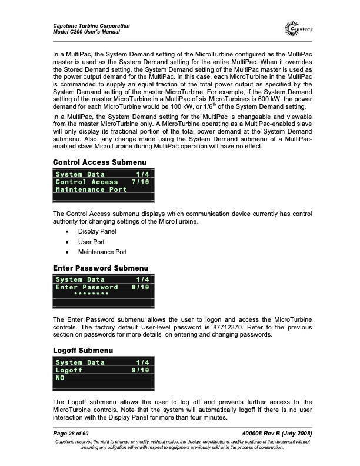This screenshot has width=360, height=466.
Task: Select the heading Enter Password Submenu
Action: coord(101,269)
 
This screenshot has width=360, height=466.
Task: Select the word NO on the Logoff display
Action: coord(59,379)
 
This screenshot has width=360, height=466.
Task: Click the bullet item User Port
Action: coord(92,242)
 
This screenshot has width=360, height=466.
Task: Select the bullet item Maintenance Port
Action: coord(102,252)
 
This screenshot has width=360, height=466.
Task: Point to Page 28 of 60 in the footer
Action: coord(72,433)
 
